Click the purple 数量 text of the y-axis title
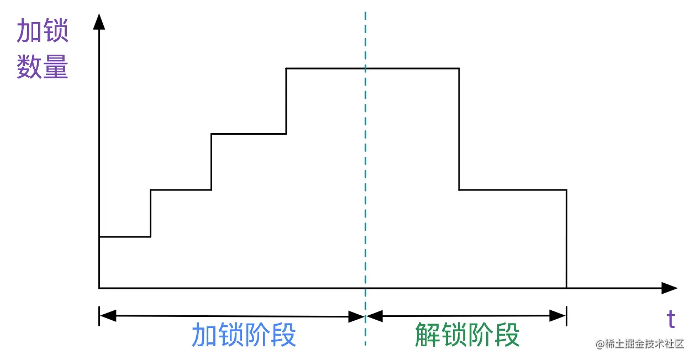43,67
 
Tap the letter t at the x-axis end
671,319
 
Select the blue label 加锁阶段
244,335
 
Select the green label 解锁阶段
467,335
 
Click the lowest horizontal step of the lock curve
125,237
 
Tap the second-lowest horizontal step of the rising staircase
181,190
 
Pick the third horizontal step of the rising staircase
249,134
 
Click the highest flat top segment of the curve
372,68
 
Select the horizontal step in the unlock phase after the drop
513,190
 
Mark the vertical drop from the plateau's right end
459,129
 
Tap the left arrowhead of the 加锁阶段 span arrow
108,316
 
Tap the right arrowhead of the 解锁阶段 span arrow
557,316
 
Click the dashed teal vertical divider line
365,166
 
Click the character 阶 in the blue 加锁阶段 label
257,335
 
